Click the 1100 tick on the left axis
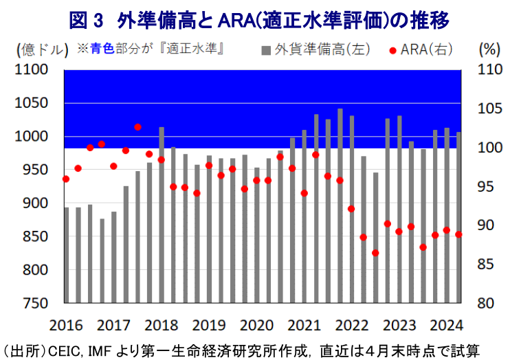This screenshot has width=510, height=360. point(34,69)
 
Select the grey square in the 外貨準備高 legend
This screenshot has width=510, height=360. point(265,50)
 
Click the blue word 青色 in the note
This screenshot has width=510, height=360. point(102,49)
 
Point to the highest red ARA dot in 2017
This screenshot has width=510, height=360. point(137,126)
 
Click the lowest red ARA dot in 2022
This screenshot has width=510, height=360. point(375,253)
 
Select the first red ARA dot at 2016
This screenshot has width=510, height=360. point(66,179)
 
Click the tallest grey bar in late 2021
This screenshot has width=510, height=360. point(340,206)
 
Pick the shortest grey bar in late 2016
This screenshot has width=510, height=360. point(102,261)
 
